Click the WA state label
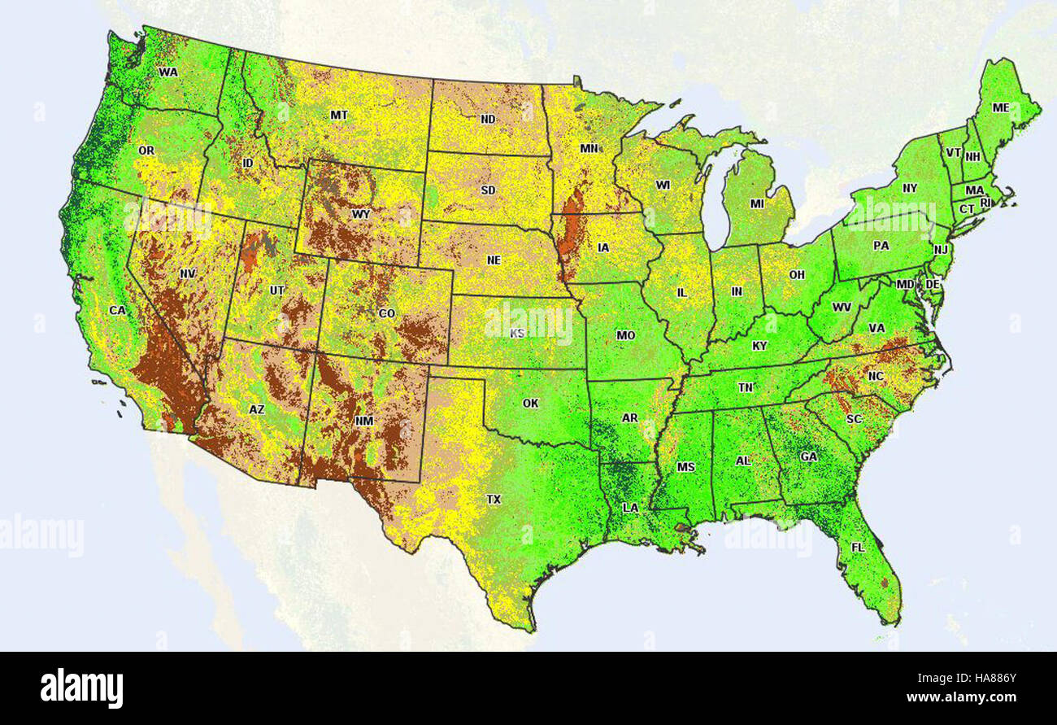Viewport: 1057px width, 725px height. tap(168, 72)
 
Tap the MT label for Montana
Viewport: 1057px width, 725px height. tap(339, 115)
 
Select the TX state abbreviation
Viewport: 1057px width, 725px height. tap(494, 499)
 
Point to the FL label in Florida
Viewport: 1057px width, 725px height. tap(858, 548)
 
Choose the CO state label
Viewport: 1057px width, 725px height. tap(387, 313)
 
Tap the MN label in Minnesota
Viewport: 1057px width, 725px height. tap(589, 149)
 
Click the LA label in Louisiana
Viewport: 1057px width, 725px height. tap(630, 507)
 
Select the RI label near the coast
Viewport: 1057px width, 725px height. tap(986, 203)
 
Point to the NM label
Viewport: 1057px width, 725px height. tap(363, 421)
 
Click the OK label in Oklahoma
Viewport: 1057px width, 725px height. tap(531, 403)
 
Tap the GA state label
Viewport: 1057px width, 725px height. tap(808, 456)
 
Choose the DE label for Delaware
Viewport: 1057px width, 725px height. tap(933, 284)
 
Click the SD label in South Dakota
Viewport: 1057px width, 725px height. tap(488, 190)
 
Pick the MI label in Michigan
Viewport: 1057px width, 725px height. tap(757, 203)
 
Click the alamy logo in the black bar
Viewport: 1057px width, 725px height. tap(81, 688)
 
